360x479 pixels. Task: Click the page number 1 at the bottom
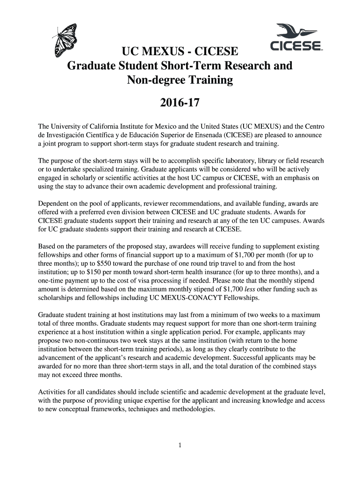coord(180,445)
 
